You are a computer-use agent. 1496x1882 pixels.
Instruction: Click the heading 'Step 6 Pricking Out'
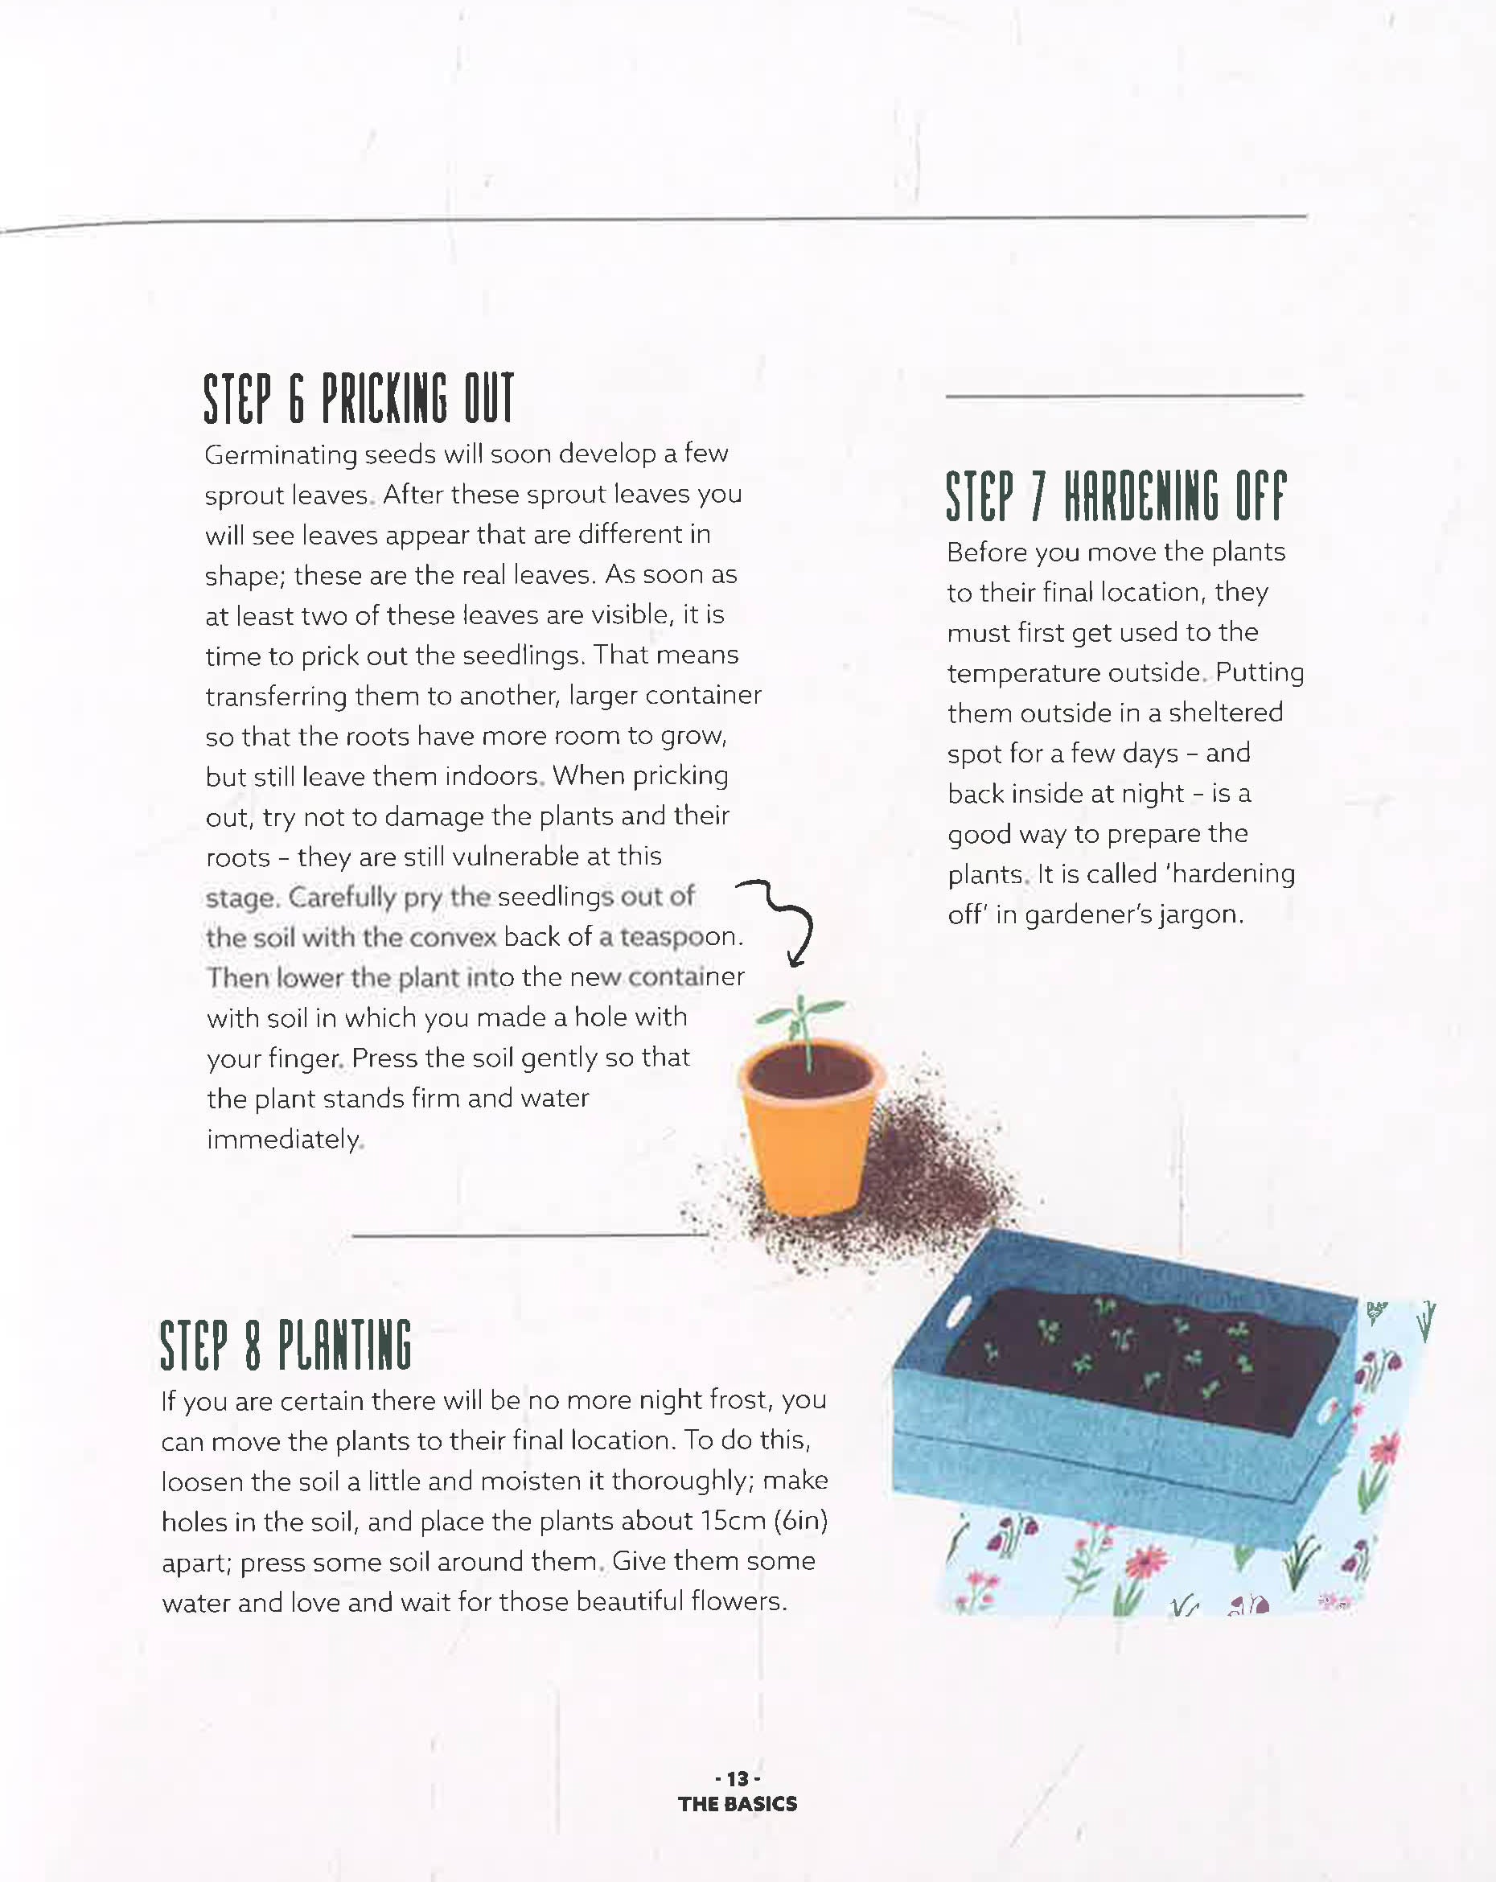(x=359, y=399)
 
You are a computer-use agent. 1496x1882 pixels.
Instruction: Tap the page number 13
(x=738, y=1779)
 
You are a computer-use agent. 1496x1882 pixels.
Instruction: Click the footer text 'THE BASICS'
(x=738, y=1804)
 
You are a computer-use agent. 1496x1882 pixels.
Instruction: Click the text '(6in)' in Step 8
(x=800, y=1522)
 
